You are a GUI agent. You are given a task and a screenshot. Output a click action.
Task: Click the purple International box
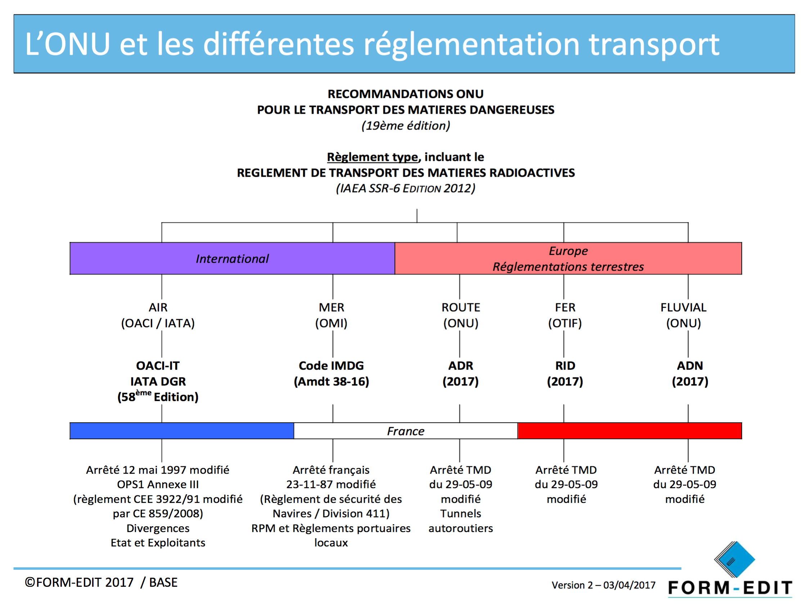tap(232, 258)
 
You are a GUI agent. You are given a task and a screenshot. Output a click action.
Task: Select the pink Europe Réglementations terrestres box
tap(568, 258)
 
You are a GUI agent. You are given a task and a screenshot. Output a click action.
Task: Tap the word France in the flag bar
tap(406, 431)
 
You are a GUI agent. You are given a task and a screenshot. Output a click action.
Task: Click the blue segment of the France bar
tap(182, 431)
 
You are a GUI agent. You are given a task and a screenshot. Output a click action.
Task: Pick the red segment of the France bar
tap(629, 431)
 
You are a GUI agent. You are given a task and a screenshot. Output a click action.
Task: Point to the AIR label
tap(158, 308)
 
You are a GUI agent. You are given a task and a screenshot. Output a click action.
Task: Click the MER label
tap(331, 308)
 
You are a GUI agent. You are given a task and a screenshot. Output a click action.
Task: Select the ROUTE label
tap(461, 308)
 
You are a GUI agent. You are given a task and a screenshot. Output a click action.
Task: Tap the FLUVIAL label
tap(684, 308)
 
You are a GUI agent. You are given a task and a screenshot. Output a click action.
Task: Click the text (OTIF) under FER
tap(565, 323)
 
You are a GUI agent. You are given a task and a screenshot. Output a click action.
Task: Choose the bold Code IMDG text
tap(331, 366)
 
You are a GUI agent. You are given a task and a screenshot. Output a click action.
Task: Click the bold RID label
tap(565, 366)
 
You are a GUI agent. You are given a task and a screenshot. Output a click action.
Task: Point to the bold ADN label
tap(690, 366)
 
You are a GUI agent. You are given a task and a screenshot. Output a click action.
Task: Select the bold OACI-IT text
tap(158, 366)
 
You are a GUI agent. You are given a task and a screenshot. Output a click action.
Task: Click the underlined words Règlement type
tap(372, 157)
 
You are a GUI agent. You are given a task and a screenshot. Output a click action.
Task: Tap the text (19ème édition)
tap(406, 126)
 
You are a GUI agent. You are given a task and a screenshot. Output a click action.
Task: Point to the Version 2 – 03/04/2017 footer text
tap(604, 585)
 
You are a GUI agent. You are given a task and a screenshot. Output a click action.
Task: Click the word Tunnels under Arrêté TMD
tap(461, 513)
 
